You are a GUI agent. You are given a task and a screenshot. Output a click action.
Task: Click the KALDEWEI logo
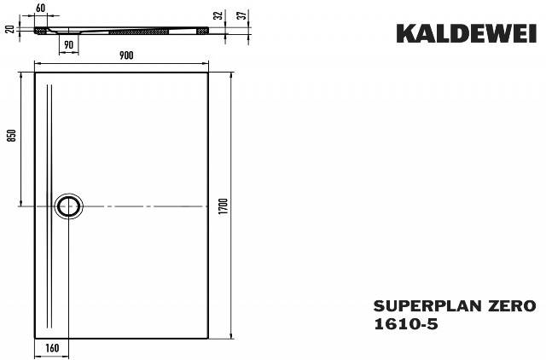[x=467, y=33]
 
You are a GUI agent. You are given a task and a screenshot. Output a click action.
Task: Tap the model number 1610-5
[x=406, y=324]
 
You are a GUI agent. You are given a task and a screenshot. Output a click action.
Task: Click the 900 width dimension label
[x=126, y=55]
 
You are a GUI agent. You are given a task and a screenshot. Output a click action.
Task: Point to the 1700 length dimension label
[x=224, y=206]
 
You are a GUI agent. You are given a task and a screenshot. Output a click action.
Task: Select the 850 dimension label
[x=12, y=136]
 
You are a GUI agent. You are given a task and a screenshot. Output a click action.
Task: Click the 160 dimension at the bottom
[x=52, y=348]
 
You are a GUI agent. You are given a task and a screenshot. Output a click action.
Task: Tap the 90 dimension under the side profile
[x=69, y=45]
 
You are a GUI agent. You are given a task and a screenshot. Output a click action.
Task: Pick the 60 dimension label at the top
[x=41, y=8]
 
